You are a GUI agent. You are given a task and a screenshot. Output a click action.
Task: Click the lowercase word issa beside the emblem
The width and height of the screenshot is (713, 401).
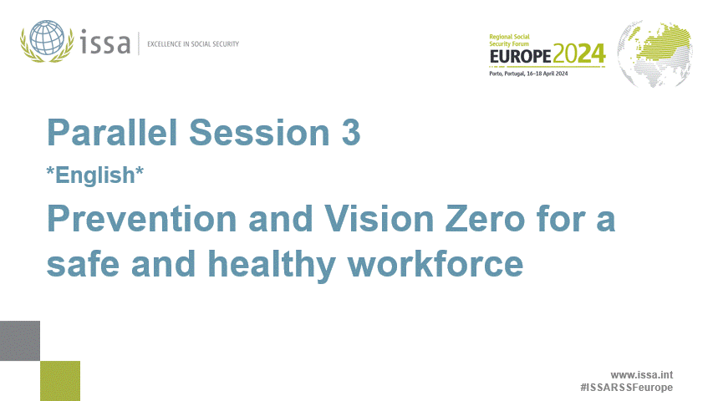[106, 42]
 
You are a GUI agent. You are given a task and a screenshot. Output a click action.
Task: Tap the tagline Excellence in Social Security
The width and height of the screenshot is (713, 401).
[193, 43]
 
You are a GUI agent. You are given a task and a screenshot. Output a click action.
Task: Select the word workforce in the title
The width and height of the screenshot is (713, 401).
[435, 264]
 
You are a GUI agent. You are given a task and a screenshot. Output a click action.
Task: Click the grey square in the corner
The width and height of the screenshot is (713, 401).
[20, 341]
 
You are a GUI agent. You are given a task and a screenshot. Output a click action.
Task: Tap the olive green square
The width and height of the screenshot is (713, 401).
[60, 381]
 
